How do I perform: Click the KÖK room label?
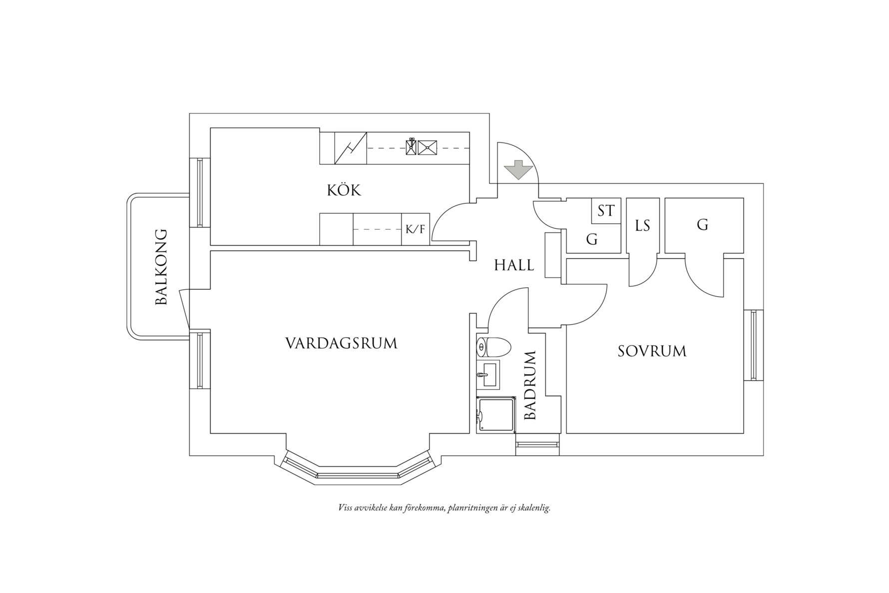(344, 190)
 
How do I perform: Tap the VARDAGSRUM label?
(341, 344)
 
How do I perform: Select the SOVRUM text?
(652, 351)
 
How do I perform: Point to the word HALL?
(514, 265)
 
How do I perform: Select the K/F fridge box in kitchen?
(415, 230)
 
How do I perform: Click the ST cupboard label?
(606, 211)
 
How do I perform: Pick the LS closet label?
(642, 226)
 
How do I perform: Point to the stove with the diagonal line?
(351, 148)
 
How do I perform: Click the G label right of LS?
(702, 225)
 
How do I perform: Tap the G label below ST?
(591, 240)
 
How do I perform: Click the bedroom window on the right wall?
(754, 345)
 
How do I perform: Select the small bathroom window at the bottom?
(537, 445)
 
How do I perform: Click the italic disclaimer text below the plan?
(444, 509)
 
